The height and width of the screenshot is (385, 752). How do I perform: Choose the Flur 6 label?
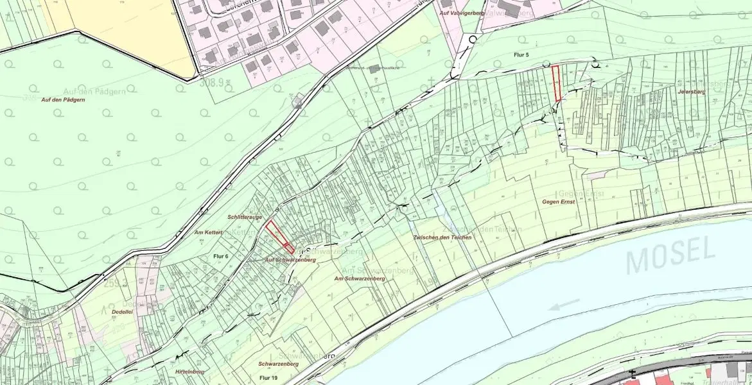pos(221,255)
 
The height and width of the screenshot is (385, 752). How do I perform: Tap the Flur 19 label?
pos(268,378)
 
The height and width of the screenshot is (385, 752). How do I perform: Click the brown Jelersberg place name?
pos(690,92)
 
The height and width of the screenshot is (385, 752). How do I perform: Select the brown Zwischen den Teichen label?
pos(442,237)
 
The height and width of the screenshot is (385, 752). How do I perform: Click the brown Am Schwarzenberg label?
pos(360,278)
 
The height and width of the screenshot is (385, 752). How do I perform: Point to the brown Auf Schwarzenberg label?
pos(290,260)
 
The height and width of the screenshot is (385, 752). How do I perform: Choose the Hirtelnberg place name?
pos(189,371)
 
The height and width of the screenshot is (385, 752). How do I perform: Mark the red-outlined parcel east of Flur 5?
pos(556,83)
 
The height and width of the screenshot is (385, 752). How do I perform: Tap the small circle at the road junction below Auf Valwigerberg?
pos(473,39)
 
